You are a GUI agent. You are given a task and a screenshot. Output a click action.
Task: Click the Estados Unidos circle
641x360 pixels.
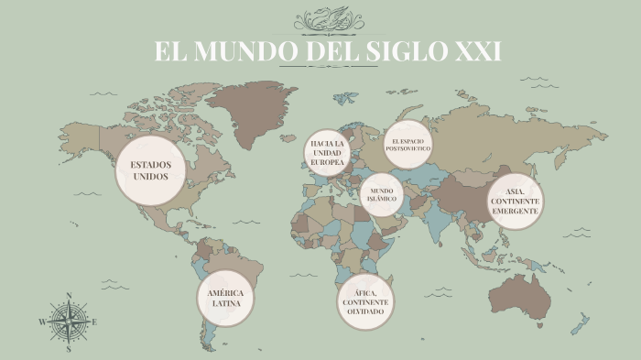point(151,170)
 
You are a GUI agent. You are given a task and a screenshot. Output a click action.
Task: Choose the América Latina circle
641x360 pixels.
point(225,299)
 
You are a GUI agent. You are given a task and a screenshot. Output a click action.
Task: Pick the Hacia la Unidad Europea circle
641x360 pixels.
point(328,153)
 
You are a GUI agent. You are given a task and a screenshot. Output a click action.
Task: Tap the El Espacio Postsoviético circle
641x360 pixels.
point(407,144)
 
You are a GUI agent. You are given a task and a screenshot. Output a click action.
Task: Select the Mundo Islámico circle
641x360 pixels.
point(382,194)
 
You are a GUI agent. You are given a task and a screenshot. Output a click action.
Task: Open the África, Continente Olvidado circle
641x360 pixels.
point(365,301)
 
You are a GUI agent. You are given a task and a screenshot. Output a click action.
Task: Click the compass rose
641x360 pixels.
point(69,322)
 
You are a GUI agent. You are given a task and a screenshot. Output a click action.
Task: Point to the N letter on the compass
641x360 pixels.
point(69,295)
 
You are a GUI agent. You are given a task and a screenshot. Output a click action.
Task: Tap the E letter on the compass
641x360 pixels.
point(94,322)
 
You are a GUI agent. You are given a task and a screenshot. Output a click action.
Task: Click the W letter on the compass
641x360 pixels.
point(42,322)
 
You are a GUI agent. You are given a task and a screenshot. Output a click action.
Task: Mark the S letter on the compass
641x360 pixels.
point(69,349)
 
